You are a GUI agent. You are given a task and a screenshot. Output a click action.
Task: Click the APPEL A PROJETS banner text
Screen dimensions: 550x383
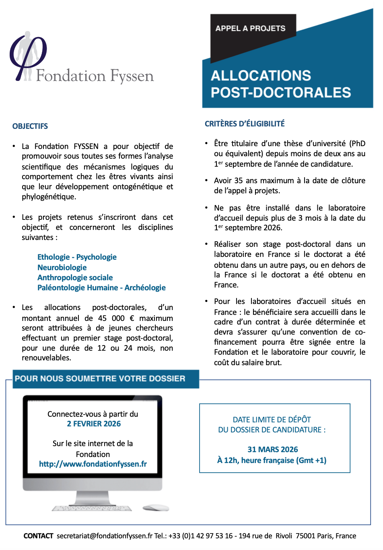click(x=250, y=29)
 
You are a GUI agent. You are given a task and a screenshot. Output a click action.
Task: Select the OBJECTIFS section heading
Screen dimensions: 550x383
click(x=30, y=126)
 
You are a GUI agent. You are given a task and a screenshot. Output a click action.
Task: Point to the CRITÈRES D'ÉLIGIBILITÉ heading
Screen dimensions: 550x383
click(x=245, y=124)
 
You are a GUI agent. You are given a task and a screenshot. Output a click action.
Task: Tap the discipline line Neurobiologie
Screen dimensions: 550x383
click(x=62, y=268)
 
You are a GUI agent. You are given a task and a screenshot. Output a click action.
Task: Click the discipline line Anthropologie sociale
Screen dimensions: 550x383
click(x=75, y=278)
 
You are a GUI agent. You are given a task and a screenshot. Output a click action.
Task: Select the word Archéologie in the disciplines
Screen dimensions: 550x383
click(x=145, y=288)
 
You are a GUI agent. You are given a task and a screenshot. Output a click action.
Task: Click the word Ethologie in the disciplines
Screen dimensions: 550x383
click(x=54, y=257)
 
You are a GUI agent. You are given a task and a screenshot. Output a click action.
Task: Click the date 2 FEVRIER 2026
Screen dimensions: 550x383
click(x=94, y=424)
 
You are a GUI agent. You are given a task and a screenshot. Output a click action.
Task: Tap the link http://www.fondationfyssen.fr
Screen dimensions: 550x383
click(x=93, y=464)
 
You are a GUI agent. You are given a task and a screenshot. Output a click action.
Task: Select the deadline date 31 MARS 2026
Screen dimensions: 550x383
click(x=273, y=450)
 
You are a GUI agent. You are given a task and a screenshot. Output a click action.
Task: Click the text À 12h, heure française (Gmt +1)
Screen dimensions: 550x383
click(x=272, y=460)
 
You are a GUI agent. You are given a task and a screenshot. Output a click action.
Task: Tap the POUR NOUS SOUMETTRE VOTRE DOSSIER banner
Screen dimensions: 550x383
click(x=100, y=379)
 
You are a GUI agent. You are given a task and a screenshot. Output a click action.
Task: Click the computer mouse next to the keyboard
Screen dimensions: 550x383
click(x=156, y=508)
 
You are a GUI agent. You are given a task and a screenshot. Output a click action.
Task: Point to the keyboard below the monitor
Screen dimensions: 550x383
click(x=92, y=509)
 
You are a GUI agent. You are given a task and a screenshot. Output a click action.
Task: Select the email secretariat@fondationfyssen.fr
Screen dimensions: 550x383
click(x=105, y=536)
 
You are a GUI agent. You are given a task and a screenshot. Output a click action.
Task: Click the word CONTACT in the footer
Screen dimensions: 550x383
click(x=38, y=536)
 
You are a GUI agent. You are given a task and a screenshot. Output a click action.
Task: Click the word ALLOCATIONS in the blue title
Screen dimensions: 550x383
click(x=261, y=76)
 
